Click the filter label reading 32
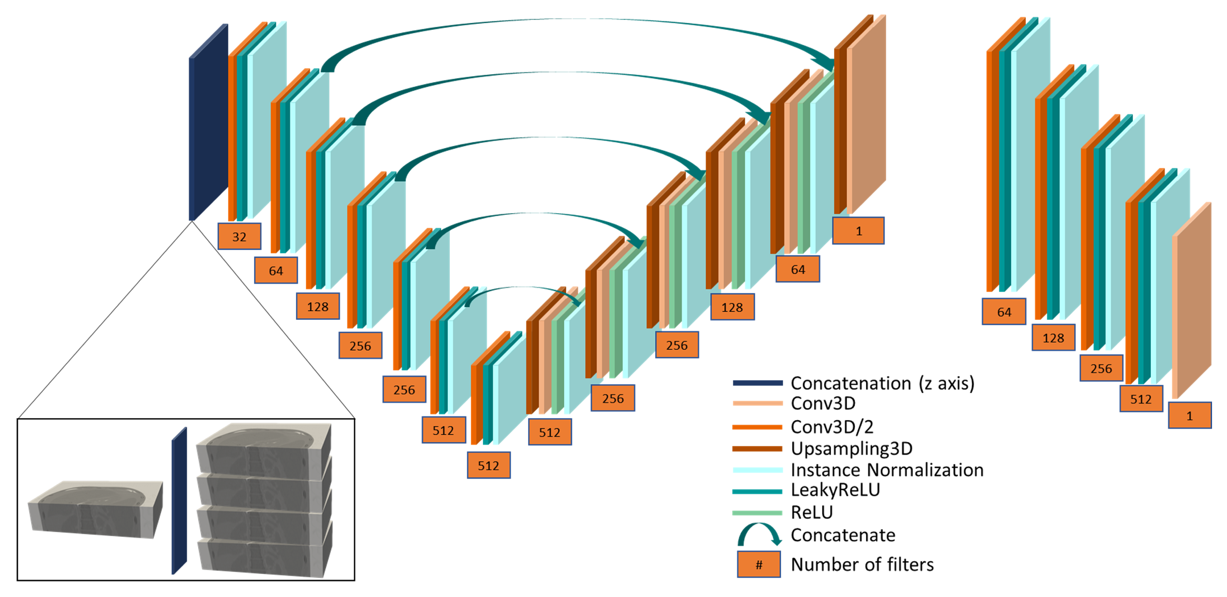click(239, 237)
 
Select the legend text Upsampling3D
click(852, 448)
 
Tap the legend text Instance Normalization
click(887, 470)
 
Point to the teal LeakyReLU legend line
click(757, 491)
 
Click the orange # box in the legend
click(759, 565)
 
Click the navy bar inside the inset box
click(179, 501)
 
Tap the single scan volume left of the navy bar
click(95, 509)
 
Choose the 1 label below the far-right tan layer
click(1189, 415)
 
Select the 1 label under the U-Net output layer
click(858, 231)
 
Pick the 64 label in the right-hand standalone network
click(1003, 312)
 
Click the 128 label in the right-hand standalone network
click(1053, 338)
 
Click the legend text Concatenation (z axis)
click(882, 383)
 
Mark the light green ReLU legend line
click(757, 513)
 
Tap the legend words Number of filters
click(862, 565)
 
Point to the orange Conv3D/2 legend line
click(757, 427)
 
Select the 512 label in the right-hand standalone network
click(1141, 399)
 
